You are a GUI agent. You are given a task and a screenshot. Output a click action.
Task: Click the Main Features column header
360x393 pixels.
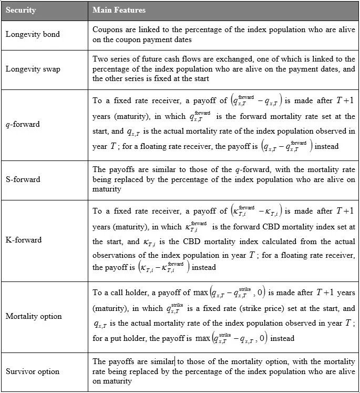tap(119, 11)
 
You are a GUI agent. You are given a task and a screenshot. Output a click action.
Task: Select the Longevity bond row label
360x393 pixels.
tap(33, 35)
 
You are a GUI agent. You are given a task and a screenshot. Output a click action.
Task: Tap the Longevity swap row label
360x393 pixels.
tap(33, 69)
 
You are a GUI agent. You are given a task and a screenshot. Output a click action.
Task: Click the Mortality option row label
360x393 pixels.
tap(34, 316)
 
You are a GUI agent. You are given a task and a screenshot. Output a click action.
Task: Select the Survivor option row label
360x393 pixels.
tap(33, 371)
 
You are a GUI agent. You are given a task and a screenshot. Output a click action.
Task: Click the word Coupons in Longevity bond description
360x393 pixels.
tap(108, 30)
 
